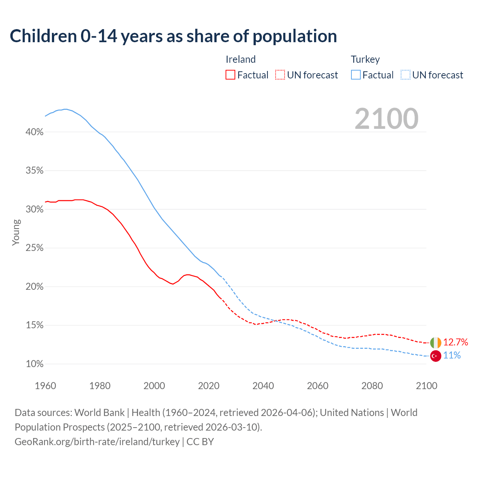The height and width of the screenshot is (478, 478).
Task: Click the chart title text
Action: click(x=173, y=36)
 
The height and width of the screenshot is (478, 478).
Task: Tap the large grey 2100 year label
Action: click(x=387, y=119)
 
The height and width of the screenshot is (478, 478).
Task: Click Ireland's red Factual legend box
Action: click(x=230, y=75)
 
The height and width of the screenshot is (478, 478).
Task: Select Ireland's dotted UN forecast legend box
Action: click(x=280, y=75)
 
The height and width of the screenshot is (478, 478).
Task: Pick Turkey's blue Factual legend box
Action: click(x=356, y=75)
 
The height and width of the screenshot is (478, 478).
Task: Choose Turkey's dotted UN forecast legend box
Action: click(x=406, y=75)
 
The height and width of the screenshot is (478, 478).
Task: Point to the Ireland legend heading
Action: click(x=240, y=59)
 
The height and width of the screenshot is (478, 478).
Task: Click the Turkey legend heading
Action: click(x=365, y=59)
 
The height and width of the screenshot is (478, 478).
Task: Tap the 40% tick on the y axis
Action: click(x=35, y=132)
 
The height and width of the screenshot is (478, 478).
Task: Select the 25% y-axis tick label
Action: click(x=35, y=248)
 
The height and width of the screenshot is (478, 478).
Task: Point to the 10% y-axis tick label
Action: click(x=35, y=364)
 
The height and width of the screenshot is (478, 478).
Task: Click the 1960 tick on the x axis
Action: click(x=45, y=386)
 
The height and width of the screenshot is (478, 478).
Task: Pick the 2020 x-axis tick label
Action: click(x=209, y=386)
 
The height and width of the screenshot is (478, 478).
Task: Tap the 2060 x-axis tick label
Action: click(x=317, y=386)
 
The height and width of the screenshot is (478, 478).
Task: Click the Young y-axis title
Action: click(x=16, y=232)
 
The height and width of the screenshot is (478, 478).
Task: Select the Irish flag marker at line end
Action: click(x=435, y=342)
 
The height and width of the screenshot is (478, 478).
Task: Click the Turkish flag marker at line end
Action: click(x=435, y=356)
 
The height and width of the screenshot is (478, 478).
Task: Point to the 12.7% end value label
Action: click(x=456, y=342)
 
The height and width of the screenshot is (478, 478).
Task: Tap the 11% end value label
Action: click(x=452, y=356)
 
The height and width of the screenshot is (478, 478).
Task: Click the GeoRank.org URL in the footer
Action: click(x=97, y=442)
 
